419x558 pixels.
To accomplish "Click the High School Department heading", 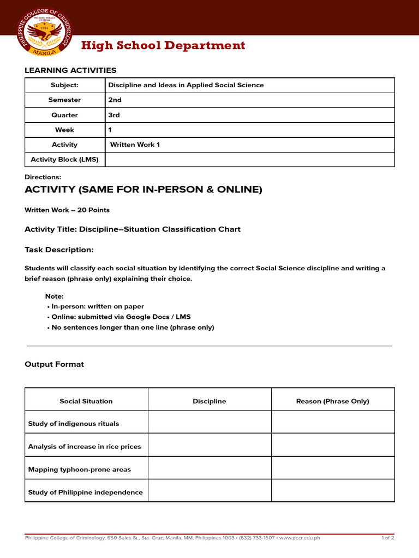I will point(163,46).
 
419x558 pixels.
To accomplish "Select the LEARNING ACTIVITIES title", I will point(70,70).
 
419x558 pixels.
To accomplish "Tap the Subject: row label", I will point(64,86).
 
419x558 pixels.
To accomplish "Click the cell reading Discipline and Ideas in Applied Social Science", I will point(186,86).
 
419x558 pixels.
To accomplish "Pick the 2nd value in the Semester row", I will point(115,100).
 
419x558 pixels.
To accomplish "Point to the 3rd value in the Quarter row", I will point(114,116).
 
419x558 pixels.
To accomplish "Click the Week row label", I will point(64,130).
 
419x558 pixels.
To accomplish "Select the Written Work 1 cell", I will point(135,145).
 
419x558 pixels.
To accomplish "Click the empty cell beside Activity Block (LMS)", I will point(249,160).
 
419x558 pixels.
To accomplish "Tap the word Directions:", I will point(43,177).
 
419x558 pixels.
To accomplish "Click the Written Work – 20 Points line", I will point(67,210).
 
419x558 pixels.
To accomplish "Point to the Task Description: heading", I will point(59,250).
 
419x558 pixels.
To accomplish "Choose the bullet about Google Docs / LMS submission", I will point(119,317).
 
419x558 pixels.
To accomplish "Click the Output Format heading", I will point(55,365).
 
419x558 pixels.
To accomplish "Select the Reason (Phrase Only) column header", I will point(332,402).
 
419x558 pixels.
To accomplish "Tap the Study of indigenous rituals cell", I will point(74,424).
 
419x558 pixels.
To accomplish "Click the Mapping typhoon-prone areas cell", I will point(80,470).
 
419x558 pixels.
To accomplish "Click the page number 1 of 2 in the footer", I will point(387,538).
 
